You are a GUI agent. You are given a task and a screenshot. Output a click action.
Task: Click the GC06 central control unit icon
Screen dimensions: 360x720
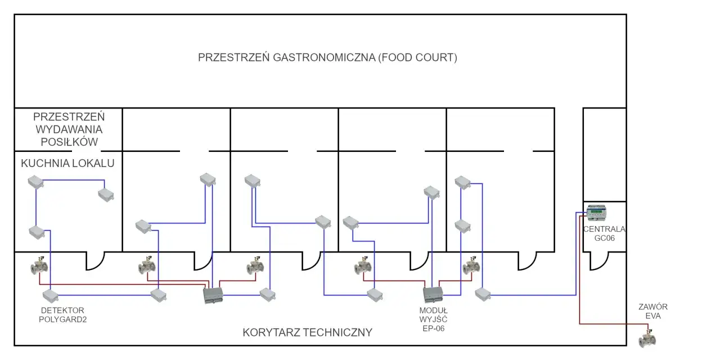pos(596,213)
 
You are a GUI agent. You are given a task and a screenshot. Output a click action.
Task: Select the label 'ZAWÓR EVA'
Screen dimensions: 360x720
pos(652,312)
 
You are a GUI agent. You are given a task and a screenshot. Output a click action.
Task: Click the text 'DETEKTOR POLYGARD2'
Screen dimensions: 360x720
pos(63,315)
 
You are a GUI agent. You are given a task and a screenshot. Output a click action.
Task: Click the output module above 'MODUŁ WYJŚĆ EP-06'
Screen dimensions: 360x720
pos(433,295)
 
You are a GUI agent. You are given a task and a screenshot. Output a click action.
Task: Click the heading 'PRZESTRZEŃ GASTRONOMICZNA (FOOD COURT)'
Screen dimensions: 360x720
pos(327,58)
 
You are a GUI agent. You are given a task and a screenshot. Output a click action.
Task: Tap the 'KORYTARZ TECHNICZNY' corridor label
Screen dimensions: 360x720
pos(307,332)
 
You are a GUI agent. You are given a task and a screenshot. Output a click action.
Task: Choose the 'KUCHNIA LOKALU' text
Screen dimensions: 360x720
pos(68,164)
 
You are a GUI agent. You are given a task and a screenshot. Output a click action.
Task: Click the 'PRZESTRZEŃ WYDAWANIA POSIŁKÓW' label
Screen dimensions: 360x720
pos(69,129)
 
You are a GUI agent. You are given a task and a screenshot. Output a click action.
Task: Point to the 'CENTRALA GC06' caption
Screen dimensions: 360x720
pos(604,233)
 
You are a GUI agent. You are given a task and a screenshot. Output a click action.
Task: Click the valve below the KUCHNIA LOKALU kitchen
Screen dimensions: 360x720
pos(39,266)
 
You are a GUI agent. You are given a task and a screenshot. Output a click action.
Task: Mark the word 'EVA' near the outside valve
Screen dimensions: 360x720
pos(653,316)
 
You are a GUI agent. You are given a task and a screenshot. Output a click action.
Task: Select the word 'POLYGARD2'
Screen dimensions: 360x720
pos(63,319)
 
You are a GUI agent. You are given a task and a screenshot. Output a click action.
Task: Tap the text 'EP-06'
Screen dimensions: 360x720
pos(433,328)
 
